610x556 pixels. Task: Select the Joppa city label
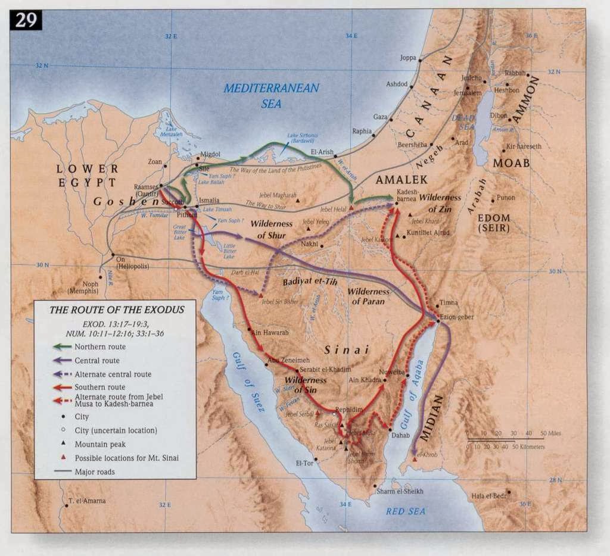pyautogui.click(x=408, y=58)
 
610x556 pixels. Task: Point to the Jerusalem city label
pyautogui.click(x=467, y=93)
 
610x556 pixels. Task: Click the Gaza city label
pyautogui.click(x=379, y=117)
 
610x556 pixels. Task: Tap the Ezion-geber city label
pyautogui.click(x=457, y=317)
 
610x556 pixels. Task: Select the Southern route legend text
pyautogui.click(x=99, y=388)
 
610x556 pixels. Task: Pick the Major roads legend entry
pyautogui.click(x=95, y=472)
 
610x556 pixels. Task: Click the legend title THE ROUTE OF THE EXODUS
pyautogui.click(x=116, y=310)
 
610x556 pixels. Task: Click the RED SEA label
pyautogui.click(x=405, y=511)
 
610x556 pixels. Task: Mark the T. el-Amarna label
pyautogui.click(x=87, y=501)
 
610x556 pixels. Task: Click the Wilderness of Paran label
pyautogui.click(x=368, y=296)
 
